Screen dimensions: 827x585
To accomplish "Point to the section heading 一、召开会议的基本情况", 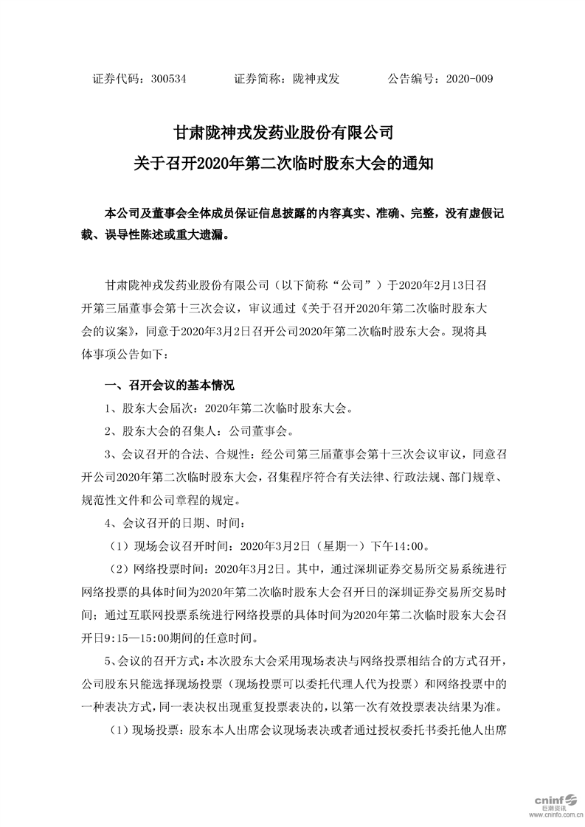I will tap(170, 385).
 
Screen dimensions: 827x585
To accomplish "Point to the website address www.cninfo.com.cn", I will tap(544, 816).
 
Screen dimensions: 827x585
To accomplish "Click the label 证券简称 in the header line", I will tap(256, 78).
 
